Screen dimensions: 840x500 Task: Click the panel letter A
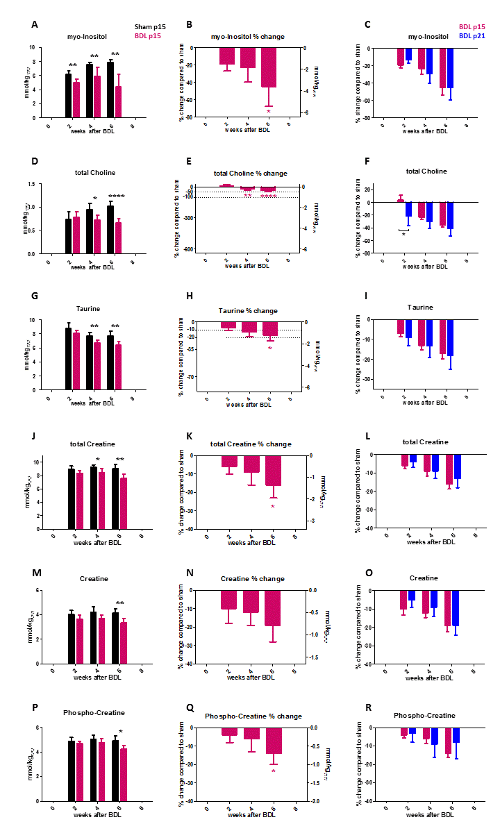click(35, 25)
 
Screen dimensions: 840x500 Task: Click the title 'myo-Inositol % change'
click(247, 36)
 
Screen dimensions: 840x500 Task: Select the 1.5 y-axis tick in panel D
click(28, 185)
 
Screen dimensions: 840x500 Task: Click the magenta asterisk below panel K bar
click(273, 507)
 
